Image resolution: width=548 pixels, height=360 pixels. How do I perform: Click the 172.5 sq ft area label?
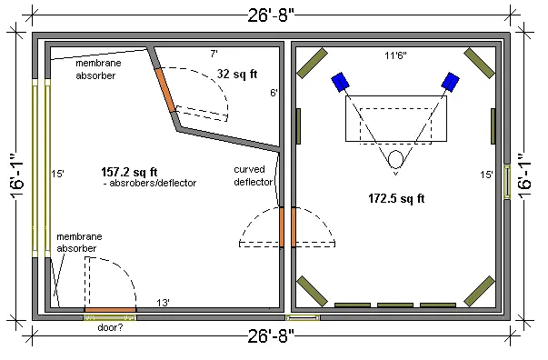[396, 198]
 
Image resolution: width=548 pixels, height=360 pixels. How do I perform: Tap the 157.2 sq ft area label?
[129, 172]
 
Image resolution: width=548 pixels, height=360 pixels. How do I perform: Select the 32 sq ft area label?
[237, 74]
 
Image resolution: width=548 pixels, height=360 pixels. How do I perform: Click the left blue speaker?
[339, 82]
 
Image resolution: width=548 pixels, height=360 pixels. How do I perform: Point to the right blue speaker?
[451, 82]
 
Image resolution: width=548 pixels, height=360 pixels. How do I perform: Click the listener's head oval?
[395, 159]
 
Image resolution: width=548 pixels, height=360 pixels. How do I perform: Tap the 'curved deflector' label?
[254, 175]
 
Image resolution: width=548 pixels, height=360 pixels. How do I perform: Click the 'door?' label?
[110, 328]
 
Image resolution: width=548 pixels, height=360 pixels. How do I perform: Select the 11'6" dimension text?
[395, 55]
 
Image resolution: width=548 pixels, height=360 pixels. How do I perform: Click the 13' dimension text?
[163, 303]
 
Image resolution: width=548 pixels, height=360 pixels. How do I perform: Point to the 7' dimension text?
[214, 54]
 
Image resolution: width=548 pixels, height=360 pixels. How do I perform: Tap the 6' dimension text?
[274, 93]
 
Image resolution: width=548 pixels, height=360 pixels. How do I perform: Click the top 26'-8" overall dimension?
[271, 15]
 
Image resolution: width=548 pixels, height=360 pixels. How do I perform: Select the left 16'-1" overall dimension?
[16, 175]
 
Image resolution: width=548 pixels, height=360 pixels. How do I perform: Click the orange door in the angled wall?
[165, 90]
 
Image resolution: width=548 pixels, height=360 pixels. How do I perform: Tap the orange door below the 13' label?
[111, 310]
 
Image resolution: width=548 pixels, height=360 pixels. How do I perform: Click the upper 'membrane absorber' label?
[98, 69]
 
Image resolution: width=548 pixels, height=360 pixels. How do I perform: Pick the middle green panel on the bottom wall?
[395, 305]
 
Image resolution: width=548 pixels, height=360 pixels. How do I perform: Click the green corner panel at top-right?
[480, 64]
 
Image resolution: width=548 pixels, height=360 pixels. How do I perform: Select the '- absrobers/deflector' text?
[150, 183]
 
